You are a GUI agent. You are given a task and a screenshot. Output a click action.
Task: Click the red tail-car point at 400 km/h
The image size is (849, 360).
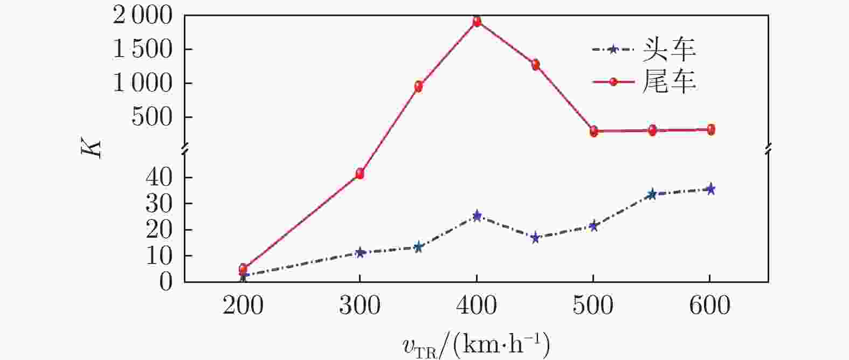[477, 22]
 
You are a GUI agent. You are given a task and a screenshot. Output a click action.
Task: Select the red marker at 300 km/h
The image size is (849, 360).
[360, 174]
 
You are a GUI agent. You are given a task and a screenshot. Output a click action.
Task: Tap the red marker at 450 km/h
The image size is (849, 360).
[535, 65]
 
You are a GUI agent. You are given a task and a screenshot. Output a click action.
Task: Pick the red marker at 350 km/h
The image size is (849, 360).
[418, 86]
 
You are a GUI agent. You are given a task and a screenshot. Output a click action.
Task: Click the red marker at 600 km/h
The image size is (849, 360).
[710, 129]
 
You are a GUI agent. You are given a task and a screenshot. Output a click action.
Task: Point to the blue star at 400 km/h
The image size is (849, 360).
[477, 216]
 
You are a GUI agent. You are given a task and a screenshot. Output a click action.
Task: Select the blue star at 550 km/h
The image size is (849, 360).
[652, 194]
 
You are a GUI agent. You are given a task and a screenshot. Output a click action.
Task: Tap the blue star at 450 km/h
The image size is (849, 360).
[535, 238]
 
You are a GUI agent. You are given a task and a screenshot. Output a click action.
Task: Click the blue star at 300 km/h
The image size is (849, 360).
[360, 252]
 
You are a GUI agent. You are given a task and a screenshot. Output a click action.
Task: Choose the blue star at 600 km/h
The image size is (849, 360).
[710, 189]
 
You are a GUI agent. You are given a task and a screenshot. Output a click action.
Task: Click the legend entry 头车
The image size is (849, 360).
[669, 50]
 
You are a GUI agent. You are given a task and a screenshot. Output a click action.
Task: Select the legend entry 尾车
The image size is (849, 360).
[669, 81]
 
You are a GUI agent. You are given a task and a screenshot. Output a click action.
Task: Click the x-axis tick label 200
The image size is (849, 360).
[243, 306]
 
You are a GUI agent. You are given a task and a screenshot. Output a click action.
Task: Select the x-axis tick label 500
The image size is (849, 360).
[593, 306]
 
